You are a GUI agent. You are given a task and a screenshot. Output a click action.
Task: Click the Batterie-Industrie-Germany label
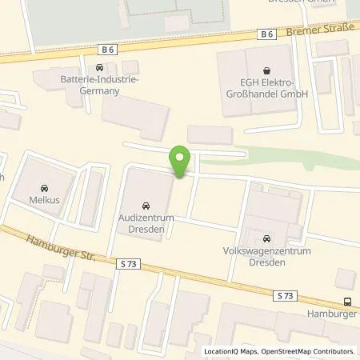[x=99, y=86]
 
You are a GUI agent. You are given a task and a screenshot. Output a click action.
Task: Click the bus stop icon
[x=347, y=302]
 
